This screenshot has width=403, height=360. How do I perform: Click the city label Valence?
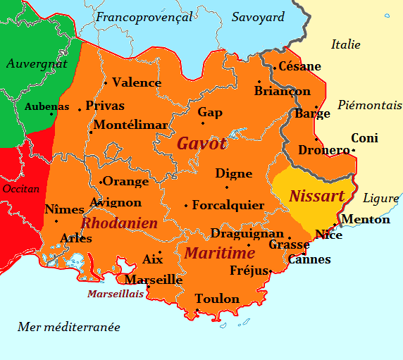tap(137, 82)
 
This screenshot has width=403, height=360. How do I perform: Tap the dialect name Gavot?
tap(201, 144)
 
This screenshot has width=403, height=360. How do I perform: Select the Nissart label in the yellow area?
tap(316, 196)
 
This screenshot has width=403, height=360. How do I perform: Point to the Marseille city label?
tap(154, 280)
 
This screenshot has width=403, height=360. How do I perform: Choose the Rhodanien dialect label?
tap(119, 223)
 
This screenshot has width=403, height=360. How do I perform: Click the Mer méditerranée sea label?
tap(68, 327)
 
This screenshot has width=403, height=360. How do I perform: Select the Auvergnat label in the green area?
tap(37, 63)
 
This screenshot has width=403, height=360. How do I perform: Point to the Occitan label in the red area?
tap(21, 189)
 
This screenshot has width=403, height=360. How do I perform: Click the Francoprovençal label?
tap(144, 17)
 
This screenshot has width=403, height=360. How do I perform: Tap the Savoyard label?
tap(258, 17)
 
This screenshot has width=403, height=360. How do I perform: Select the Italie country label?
tap(345, 44)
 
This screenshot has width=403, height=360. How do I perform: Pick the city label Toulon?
tap(217, 299)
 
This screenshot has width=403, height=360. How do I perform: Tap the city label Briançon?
tap(282, 91)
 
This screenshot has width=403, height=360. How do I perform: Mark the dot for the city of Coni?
tap(353, 149)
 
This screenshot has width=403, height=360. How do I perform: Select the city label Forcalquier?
tap(228, 205)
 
